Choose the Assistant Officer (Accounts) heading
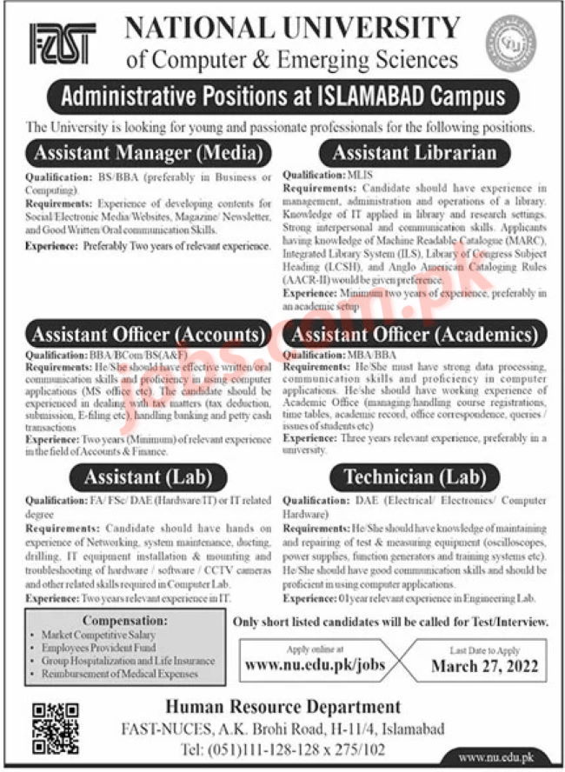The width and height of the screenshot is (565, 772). pos(149,334)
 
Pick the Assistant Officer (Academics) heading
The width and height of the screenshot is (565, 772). pos(421,334)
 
